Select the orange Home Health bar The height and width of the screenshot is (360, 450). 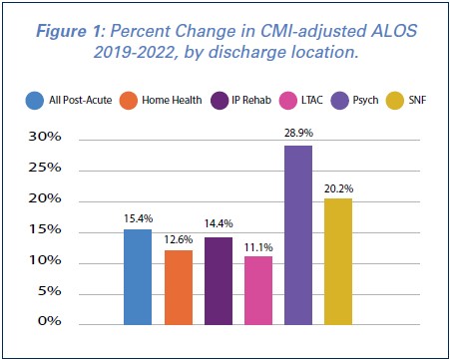click(x=179, y=287)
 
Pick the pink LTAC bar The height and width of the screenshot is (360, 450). click(x=258, y=290)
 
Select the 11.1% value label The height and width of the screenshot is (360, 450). click(x=258, y=243)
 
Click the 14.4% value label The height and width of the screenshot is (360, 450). click(x=219, y=224)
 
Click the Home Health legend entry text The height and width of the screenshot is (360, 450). click(x=175, y=99)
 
